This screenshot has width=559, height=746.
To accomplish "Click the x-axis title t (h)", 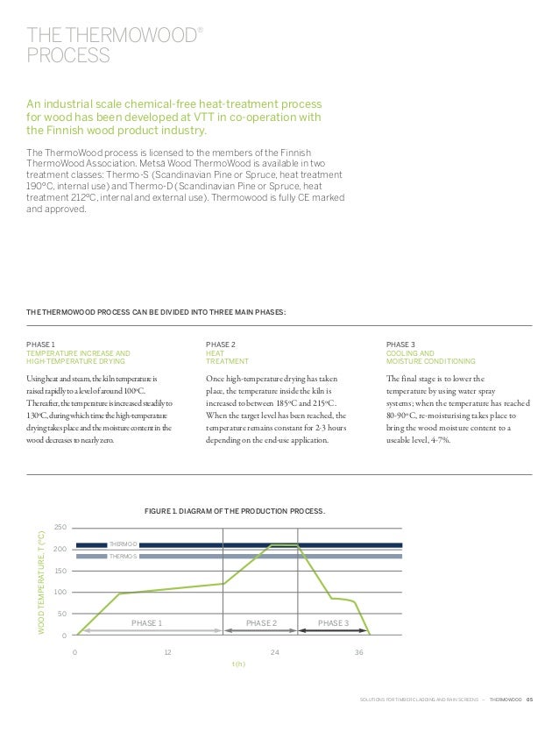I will tap(238, 664).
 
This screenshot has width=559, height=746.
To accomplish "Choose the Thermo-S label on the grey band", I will tap(121, 556).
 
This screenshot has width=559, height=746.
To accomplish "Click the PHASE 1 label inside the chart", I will tap(147, 622).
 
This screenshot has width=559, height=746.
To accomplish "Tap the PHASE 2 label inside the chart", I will tap(261, 622).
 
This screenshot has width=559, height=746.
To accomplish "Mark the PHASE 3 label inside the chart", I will tap(333, 622).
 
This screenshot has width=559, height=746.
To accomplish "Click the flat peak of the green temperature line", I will tap(284, 545).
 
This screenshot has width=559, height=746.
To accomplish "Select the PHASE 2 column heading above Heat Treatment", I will tap(219, 344).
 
